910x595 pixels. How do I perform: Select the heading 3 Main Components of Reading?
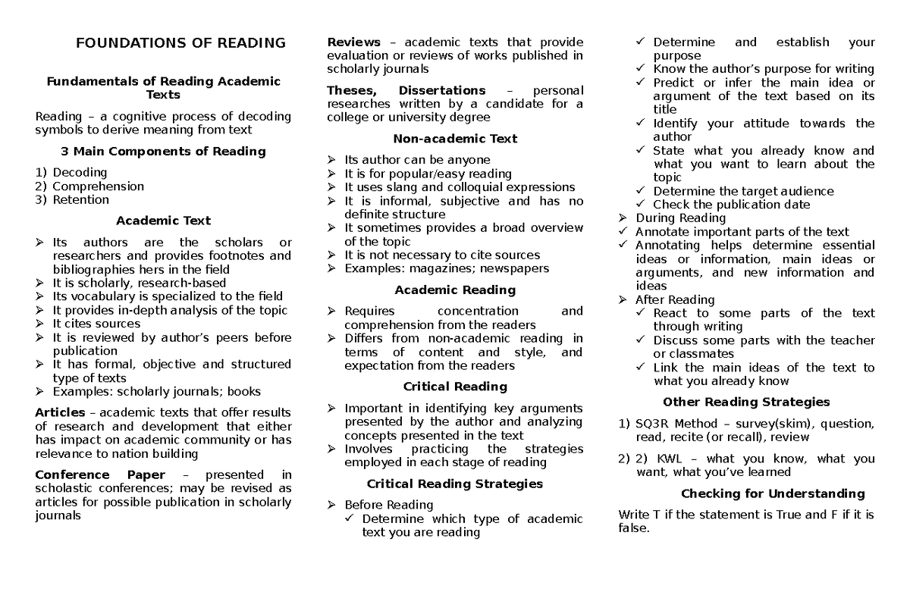(x=163, y=151)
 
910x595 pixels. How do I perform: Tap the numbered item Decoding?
(x=80, y=172)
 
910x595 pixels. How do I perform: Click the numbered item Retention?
(x=80, y=199)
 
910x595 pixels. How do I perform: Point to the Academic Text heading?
(x=163, y=221)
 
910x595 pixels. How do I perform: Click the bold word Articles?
(x=60, y=412)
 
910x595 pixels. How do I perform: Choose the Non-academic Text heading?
(x=455, y=139)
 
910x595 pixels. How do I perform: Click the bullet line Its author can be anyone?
(x=417, y=160)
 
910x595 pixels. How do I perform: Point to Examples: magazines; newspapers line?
(x=447, y=268)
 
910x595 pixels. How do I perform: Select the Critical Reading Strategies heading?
(x=455, y=484)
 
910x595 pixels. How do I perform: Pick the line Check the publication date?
(x=731, y=205)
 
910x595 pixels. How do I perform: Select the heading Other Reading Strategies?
(x=746, y=402)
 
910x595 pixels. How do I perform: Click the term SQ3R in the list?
(x=653, y=424)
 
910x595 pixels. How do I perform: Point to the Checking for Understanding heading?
(x=773, y=493)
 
